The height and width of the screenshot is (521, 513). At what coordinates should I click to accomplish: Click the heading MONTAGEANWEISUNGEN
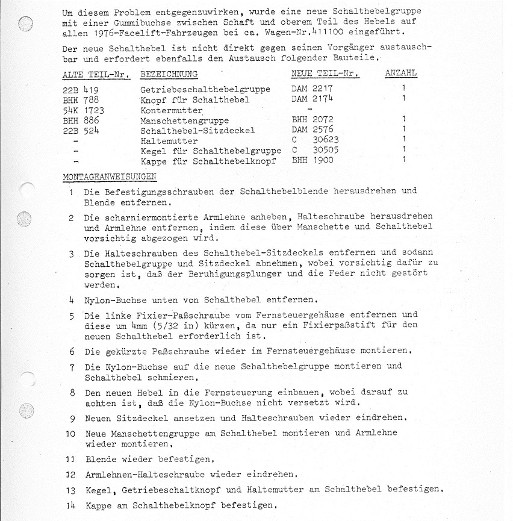pyautogui.click(x=109, y=176)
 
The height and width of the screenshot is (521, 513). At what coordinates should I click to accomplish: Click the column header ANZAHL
pyautogui.click(x=400, y=73)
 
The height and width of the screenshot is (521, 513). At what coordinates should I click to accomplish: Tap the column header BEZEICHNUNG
pyautogui.click(x=169, y=74)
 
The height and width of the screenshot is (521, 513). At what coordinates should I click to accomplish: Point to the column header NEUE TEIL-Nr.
pyautogui.click(x=325, y=73)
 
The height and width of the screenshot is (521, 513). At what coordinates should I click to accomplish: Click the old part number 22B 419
pyautogui.click(x=80, y=89)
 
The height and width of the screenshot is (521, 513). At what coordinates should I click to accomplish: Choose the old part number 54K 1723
pyautogui.click(x=83, y=110)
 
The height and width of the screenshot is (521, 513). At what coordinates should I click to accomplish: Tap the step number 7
pyautogui.click(x=72, y=367)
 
